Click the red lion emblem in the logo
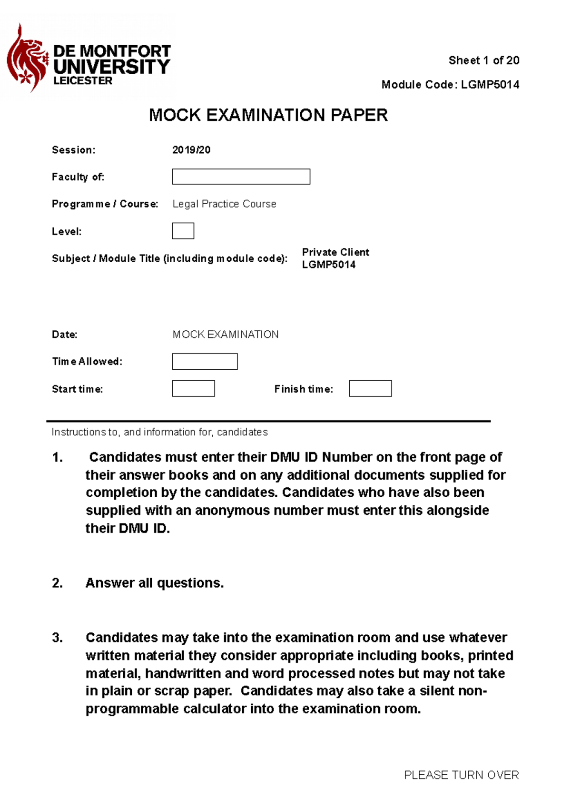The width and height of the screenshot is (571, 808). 26,59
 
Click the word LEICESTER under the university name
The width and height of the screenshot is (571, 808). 83,81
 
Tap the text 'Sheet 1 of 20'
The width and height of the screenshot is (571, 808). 483,60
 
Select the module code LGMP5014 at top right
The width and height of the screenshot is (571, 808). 490,85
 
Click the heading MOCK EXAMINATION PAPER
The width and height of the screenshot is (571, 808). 268,115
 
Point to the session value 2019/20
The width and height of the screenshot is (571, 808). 191,150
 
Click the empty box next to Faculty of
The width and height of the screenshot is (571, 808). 241,177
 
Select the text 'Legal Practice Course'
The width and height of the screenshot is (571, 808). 224,204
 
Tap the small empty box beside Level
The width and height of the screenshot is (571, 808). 183,231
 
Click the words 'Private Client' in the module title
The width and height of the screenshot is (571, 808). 335,252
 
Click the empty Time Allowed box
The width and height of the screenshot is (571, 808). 205,361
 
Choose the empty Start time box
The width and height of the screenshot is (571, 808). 193,388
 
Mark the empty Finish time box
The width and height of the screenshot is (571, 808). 370,388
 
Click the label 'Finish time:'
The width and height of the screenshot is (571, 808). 304,389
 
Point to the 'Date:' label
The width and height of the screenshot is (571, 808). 65,335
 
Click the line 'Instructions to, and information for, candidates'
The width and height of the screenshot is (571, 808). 159,432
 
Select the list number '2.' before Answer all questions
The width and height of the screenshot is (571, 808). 57,583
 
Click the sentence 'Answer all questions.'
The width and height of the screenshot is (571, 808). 154,583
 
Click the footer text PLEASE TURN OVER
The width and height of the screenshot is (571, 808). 461,775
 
